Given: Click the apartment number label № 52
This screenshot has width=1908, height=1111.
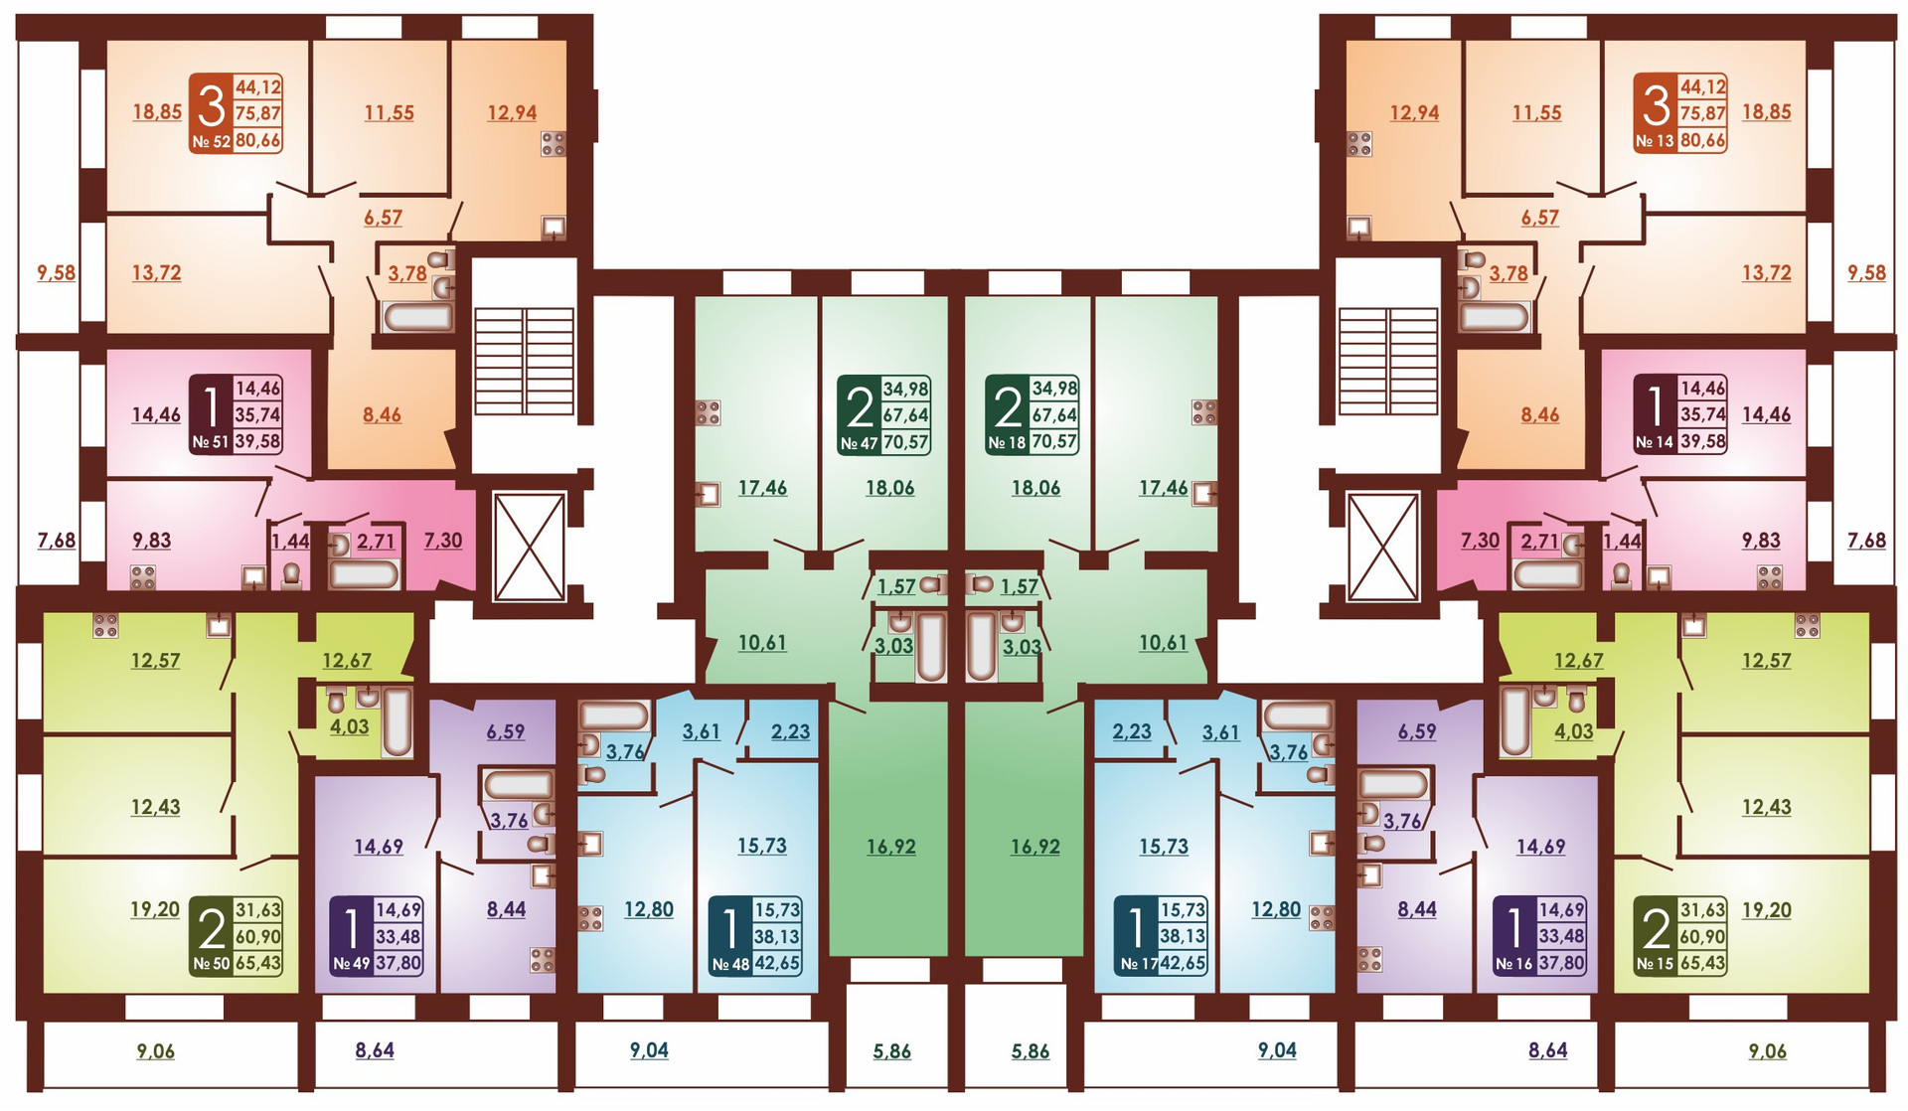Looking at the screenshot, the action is coord(211,141).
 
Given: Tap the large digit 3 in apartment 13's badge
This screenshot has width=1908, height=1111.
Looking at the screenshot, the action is coord(1656,103).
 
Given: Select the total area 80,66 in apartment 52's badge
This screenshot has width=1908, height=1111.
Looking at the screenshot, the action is coord(257,140).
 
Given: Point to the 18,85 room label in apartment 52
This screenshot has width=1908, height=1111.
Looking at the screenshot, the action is coord(157,111).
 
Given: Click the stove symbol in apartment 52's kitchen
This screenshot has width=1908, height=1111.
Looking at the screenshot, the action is coord(553,144).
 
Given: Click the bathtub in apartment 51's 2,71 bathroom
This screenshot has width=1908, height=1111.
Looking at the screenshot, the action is coord(364,574).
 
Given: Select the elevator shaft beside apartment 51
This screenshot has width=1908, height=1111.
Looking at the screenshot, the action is coord(530,546).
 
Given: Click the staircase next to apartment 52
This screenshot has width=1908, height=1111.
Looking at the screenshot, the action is coord(524,360).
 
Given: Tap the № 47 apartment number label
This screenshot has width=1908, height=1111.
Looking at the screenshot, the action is coord(859,443).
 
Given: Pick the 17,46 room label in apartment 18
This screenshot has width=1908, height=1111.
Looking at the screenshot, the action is coord(1163,488).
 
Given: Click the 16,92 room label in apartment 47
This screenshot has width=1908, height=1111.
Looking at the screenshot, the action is coord(890,847).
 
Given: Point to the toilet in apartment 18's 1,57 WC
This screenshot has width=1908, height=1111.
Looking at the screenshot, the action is coord(980,584).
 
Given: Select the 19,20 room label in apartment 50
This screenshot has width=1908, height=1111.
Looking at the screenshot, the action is coord(155,909).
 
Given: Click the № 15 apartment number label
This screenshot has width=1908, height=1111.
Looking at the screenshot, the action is coord(1655,963).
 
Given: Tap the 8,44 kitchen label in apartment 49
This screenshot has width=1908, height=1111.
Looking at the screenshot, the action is coord(506,908).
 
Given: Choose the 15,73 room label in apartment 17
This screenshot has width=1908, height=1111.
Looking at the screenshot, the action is coord(1163,847).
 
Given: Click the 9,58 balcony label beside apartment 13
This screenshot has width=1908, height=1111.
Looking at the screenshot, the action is coord(1865,272).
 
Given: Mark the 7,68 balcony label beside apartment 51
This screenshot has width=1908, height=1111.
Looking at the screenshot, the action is coord(57,541).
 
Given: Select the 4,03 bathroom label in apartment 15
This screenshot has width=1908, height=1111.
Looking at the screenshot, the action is coord(1573,731).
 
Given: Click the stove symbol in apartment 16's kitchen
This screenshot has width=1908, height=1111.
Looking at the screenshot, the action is coord(1369,959).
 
